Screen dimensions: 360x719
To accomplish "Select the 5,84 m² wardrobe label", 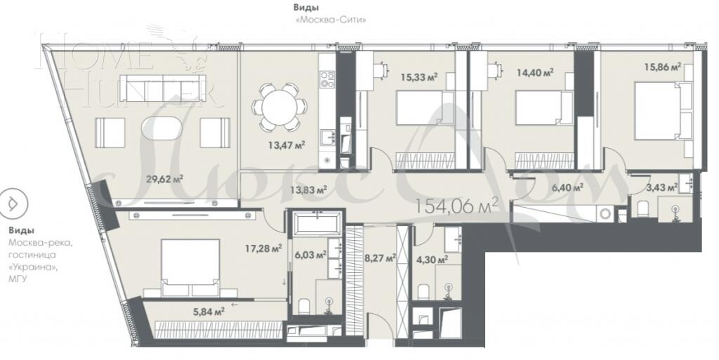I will click(209, 310).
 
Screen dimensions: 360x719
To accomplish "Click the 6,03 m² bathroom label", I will click(312, 255).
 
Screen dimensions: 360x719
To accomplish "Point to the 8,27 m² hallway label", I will click(380, 258).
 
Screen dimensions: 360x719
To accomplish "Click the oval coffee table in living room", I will click(162, 131).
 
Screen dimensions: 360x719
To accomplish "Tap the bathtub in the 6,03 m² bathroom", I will click(317, 225).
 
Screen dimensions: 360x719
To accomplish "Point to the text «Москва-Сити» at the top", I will click(333, 20).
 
